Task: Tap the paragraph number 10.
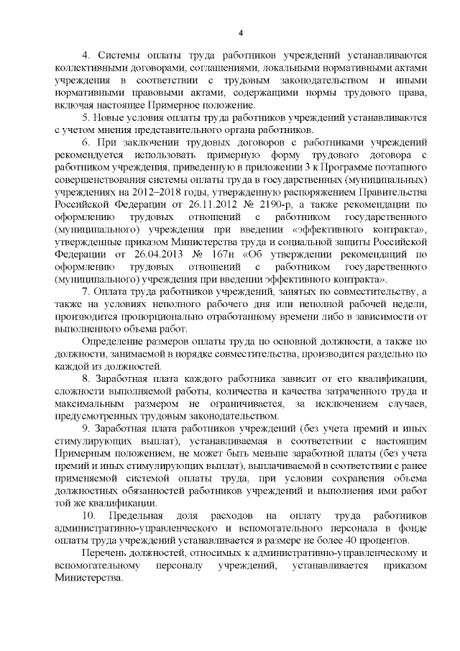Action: (x=88, y=519)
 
